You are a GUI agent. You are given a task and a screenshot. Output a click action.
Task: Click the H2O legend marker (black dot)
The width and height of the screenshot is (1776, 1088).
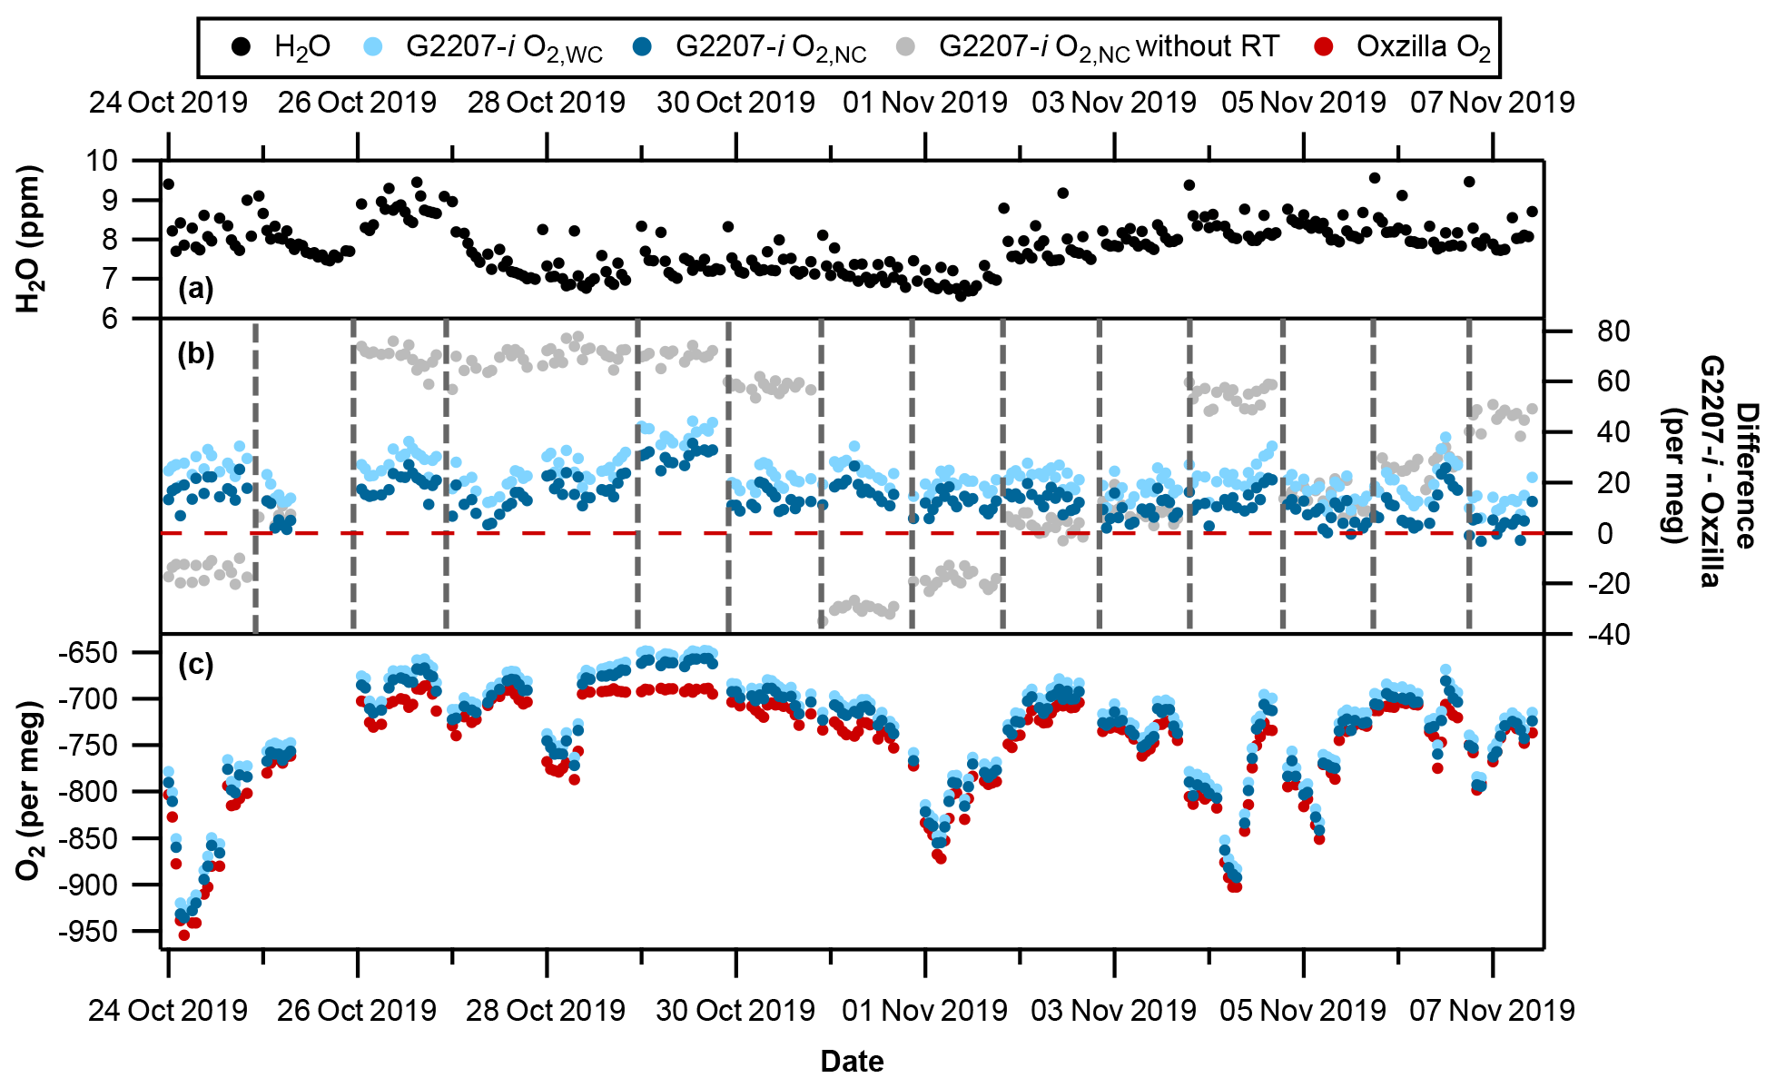(x=241, y=46)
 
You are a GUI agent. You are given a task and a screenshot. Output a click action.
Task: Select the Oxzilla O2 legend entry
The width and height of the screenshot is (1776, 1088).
(x=1423, y=47)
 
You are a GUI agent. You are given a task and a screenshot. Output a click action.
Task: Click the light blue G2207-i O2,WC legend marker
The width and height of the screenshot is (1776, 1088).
(x=374, y=46)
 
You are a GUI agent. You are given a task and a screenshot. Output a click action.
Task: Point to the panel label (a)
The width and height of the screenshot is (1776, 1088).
(x=195, y=290)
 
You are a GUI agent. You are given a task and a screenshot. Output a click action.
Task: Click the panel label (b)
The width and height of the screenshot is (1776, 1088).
(x=195, y=354)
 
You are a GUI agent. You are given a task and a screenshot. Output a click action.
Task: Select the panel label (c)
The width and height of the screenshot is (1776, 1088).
(x=195, y=665)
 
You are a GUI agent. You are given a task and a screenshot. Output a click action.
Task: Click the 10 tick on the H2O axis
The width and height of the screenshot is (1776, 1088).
(x=102, y=161)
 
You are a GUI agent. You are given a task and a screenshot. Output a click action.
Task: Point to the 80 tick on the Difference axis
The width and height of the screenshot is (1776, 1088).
(x=1613, y=331)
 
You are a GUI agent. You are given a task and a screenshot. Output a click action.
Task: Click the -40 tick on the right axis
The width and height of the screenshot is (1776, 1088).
(x=1608, y=635)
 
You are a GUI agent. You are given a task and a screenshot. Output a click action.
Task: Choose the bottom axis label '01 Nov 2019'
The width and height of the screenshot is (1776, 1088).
(x=924, y=1010)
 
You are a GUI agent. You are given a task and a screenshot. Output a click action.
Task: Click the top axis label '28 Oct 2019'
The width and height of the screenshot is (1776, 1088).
(x=546, y=103)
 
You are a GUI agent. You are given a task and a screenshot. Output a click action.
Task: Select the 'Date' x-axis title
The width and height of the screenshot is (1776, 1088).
(x=852, y=1061)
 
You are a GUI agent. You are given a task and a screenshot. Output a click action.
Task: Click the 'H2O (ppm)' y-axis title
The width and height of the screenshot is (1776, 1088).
(x=31, y=239)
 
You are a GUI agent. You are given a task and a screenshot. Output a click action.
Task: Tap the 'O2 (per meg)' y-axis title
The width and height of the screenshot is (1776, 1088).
(x=31, y=790)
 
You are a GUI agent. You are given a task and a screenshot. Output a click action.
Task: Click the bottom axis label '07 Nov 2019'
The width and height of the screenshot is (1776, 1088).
(x=1492, y=1010)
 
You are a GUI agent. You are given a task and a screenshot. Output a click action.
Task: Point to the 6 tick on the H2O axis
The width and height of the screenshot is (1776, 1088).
(x=109, y=319)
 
